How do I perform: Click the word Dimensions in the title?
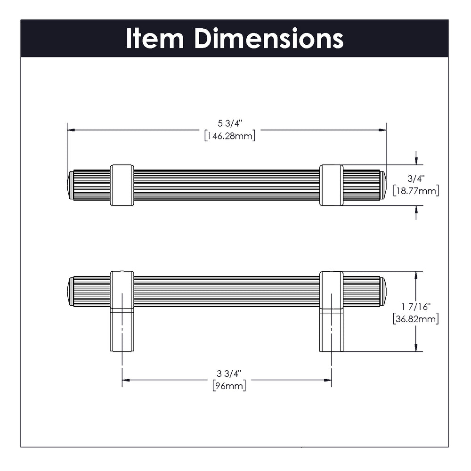[269, 38]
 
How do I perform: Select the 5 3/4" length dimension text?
[230, 123]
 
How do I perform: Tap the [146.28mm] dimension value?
[230, 136]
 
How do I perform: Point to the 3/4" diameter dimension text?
[416, 179]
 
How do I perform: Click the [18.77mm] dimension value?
[416, 190]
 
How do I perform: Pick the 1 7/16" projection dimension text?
[416, 307]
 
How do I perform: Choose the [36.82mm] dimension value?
[416, 318]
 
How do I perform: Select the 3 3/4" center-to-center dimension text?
[229, 374]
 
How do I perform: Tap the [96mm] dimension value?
[229, 385]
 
